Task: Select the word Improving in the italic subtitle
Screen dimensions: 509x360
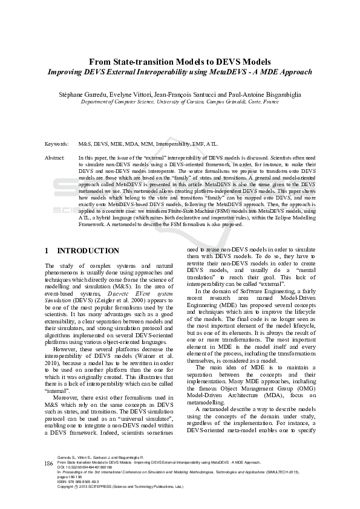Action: tap(67, 72)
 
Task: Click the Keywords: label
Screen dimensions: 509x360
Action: tap(57, 145)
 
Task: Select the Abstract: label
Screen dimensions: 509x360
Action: tap(55, 157)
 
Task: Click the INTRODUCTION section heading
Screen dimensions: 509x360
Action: tap(88, 250)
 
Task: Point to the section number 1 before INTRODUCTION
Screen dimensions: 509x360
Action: tap(48, 250)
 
